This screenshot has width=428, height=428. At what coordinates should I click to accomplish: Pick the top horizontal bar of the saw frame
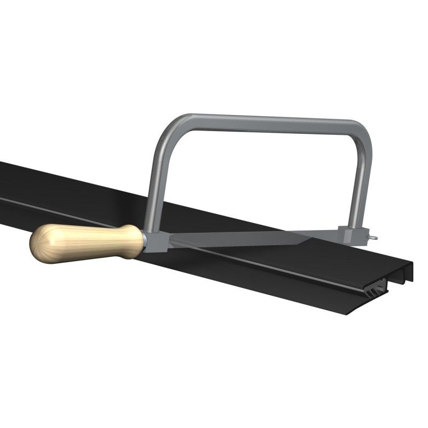click(x=267, y=120)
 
